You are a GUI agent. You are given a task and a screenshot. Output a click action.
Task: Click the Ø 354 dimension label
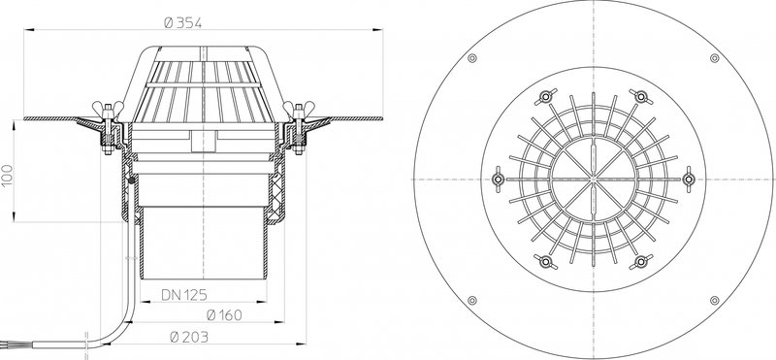coord(183,22)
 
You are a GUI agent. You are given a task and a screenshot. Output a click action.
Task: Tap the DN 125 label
coord(184,295)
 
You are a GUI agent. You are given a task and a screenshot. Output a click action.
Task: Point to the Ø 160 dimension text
coord(224,315)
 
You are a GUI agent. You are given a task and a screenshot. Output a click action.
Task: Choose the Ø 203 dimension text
coord(189,338)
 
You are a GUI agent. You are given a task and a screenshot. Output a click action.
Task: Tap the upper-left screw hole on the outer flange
coord(472,58)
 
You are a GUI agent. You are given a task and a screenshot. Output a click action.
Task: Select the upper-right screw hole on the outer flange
coord(714,58)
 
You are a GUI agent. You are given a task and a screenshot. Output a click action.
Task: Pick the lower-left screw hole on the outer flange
coord(472,300)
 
